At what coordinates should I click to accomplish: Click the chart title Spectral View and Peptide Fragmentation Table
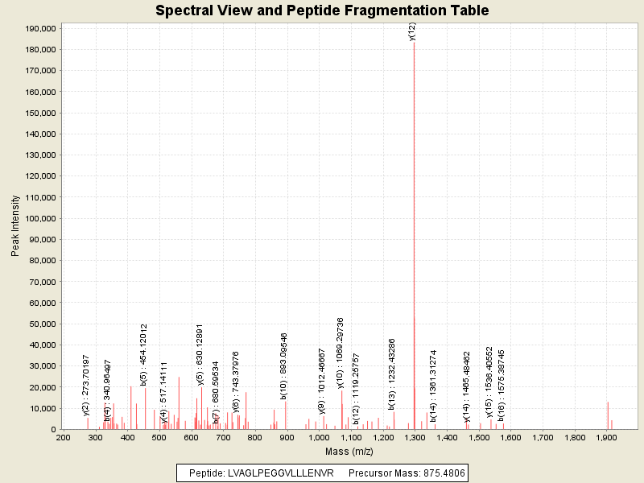pos(322,10)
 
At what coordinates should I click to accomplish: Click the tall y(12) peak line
pos(414,242)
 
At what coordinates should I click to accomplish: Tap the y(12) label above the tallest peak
pos(412,31)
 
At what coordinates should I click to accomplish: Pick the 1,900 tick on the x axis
pos(606,438)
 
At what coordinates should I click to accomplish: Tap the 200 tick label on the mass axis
pos(63,438)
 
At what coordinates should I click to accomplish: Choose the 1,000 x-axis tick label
pos(319,438)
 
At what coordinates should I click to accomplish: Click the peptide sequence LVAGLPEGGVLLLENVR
pos(287,473)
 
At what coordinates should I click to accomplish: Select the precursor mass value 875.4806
pos(438,473)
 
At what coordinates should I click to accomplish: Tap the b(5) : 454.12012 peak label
pos(144,355)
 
